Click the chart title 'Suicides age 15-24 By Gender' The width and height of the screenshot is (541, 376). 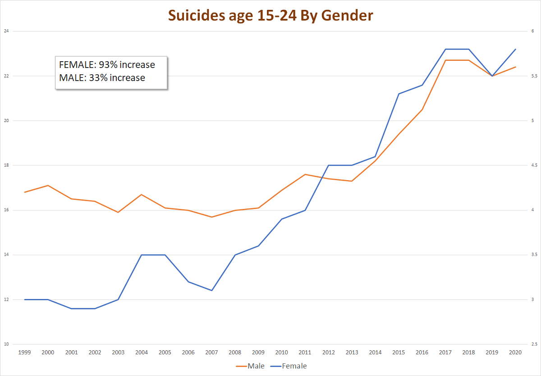[x=270, y=15]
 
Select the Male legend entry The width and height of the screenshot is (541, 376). [x=256, y=366]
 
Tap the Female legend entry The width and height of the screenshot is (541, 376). [x=294, y=366]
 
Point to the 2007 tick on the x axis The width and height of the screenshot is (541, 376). [x=211, y=353]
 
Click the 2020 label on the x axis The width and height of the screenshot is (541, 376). [x=515, y=353]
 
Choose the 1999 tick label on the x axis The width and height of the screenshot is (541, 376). [x=24, y=353]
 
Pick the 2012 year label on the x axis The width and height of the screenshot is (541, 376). [x=328, y=353]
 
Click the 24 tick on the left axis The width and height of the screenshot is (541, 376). [x=6, y=31]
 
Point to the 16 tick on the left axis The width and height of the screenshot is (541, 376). [x=6, y=210]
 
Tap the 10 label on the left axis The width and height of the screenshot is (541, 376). [x=6, y=344]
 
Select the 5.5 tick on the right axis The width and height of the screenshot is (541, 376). [x=534, y=76]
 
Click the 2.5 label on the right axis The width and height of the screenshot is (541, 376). [x=534, y=344]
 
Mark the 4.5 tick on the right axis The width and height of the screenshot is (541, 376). [x=534, y=166]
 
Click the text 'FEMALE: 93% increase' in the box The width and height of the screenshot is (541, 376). [x=107, y=65]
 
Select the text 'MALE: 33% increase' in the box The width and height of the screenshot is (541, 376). [x=102, y=78]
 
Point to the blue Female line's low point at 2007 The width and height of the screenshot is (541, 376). [x=211, y=290]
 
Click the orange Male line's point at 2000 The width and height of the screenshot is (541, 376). [x=48, y=186]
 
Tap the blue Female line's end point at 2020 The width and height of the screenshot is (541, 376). [x=515, y=49]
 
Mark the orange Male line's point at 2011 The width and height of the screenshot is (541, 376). [x=305, y=174]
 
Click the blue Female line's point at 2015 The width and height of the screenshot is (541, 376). [x=399, y=94]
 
